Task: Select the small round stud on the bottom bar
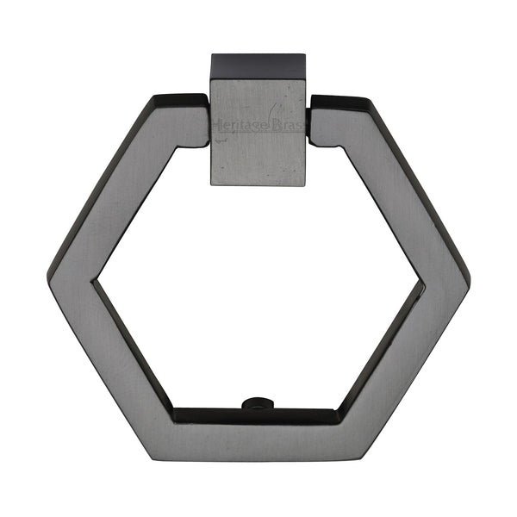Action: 255,403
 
